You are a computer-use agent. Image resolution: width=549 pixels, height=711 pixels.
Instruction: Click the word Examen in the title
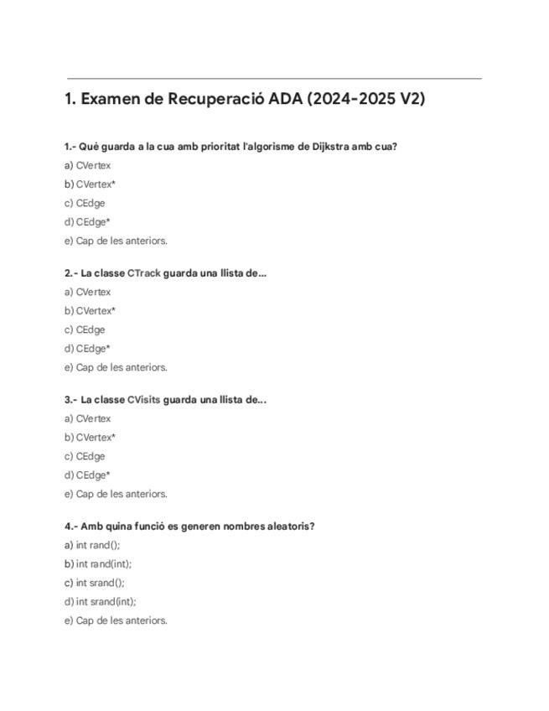click(x=111, y=99)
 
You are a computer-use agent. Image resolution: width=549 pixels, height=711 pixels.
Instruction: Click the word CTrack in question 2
click(x=143, y=273)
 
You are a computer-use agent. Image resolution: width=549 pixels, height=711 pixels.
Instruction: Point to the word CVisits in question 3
click(x=144, y=400)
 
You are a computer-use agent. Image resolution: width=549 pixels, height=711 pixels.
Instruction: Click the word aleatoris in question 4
click(x=288, y=527)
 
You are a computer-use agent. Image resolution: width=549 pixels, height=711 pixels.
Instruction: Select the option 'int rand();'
click(x=92, y=545)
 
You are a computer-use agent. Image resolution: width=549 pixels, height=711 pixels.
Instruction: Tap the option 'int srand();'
click(x=94, y=583)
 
